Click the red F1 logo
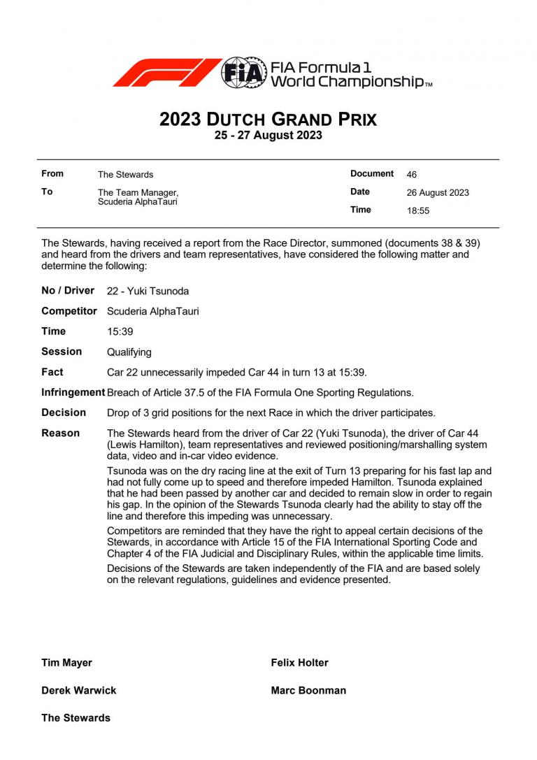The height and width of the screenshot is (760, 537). (166, 73)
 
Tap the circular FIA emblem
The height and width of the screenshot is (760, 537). (243, 73)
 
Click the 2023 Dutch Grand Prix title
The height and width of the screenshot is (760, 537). (268, 120)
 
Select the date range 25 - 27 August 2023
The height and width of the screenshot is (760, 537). (268, 136)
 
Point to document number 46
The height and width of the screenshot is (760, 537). (411, 174)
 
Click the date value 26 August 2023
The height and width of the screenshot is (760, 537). (438, 192)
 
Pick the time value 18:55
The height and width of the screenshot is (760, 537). (418, 210)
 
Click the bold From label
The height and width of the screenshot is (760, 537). (52, 173)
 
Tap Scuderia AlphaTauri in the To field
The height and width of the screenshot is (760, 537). (137, 202)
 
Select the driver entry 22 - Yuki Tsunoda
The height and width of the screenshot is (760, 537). (148, 291)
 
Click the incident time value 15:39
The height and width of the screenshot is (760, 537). (120, 331)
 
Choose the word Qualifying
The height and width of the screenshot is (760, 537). (129, 352)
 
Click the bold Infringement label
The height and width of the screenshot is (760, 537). (73, 392)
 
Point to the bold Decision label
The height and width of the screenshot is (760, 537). (64, 413)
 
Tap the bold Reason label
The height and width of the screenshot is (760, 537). (60, 433)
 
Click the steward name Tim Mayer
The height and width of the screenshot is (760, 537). (66, 663)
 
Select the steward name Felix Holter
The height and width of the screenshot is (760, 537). (299, 663)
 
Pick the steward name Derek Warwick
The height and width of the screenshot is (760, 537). (78, 690)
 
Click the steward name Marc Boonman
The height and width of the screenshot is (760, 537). (308, 690)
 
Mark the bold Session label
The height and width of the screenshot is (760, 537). (62, 351)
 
